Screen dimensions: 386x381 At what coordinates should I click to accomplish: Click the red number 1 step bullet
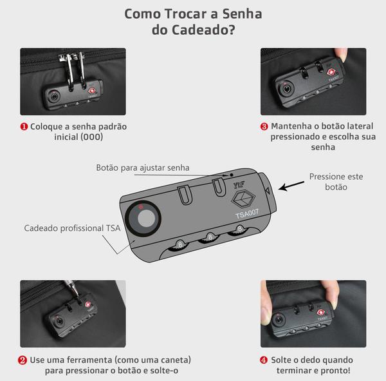click(24, 127)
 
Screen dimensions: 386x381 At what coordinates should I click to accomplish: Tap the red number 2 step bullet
click(22, 360)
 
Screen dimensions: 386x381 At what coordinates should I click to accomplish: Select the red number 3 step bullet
click(264, 126)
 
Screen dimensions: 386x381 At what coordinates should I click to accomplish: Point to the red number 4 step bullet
click(264, 360)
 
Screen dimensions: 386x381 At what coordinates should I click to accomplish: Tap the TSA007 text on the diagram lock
click(247, 213)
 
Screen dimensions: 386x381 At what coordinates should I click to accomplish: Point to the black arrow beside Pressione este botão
click(291, 186)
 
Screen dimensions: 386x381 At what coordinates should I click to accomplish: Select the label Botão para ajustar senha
click(143, 168)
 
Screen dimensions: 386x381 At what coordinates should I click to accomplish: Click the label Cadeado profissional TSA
click(72, 228)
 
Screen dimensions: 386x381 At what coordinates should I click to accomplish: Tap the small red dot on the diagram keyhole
click(141, 207)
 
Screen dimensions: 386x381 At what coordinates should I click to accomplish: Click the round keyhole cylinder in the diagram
click(143, 219)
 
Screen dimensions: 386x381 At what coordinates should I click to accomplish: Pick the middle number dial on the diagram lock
click(210, 237)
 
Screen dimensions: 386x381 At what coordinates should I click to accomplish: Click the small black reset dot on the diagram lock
click(232, 175)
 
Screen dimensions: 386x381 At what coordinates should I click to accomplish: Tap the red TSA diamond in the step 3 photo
click(331, 72)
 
